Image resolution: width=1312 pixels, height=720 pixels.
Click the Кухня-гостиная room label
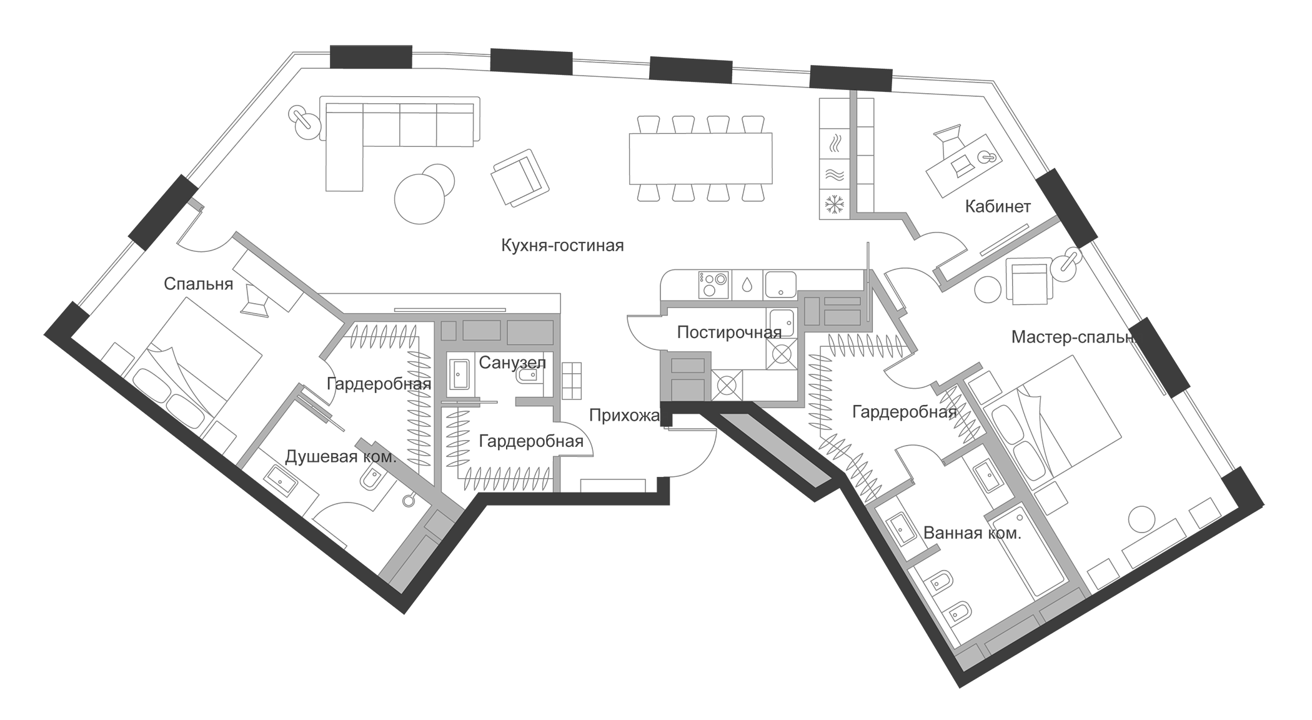pyautogui.click(x=562, y=246)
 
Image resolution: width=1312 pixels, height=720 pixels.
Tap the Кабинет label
pyautogui.click(x=998, y=206)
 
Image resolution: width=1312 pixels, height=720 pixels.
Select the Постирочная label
pyautogui.click(x=729, y=332)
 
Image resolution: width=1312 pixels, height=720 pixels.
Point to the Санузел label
pyautogui.click(x=512, y=362)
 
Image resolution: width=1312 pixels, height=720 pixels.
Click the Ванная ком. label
pyautogui.click(x=972, y=533)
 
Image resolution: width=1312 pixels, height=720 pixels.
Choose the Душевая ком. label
pyautogui.click(x=340, y=457)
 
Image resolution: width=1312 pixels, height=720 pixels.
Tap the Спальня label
pyautogui.click(x=198, y=284)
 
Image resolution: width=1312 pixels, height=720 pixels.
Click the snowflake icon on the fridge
pyautogui.click(x=835, y=204)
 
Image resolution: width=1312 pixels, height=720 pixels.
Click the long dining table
pyautogui.click(x=700, y=158)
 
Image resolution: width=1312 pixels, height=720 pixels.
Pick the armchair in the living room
pyautogui.click(x=520, y=178)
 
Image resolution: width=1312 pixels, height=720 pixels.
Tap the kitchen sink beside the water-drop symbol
pyautogui.click(x=780, y=284)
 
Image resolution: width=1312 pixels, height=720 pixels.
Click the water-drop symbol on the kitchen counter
pyautogui.click(x=746, y=284)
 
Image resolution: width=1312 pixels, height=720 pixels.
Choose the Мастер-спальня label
pyautogui.click(x=1073, y=338)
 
